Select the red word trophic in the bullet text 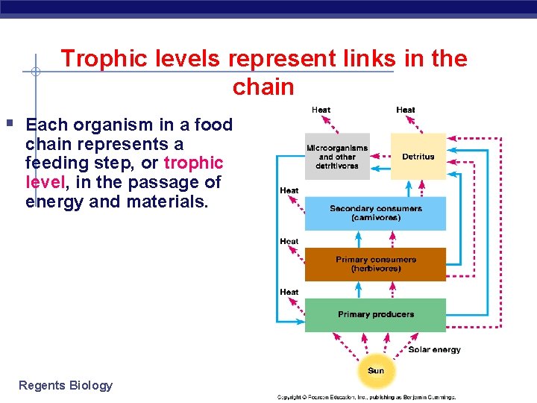[x=193, y=163]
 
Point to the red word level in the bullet [x=45, y=182]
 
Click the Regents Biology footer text [x=66, y=385]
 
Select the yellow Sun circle [x=376, y=371]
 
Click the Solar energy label [x=434, y=349]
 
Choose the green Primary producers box [x=375, y=315]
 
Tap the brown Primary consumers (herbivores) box [x=375, y=264]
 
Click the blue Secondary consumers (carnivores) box [x=375, y=213]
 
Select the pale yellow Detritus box [x=418, y=157]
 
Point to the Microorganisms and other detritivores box [x=336, y=157]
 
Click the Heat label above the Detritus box [x=406, y=110]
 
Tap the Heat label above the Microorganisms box [x=321, y=110]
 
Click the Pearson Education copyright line [x=366, y=397]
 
